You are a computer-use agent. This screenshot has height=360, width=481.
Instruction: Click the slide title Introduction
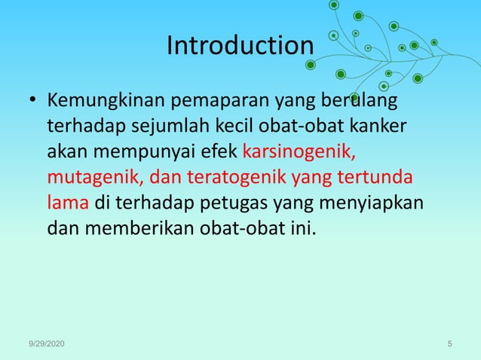point(239,46)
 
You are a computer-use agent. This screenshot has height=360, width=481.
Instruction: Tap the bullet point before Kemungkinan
point(32,100)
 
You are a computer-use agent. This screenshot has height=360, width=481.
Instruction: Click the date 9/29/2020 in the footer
point(46,344)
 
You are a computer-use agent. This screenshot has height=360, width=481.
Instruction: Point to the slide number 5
point(449,344)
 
